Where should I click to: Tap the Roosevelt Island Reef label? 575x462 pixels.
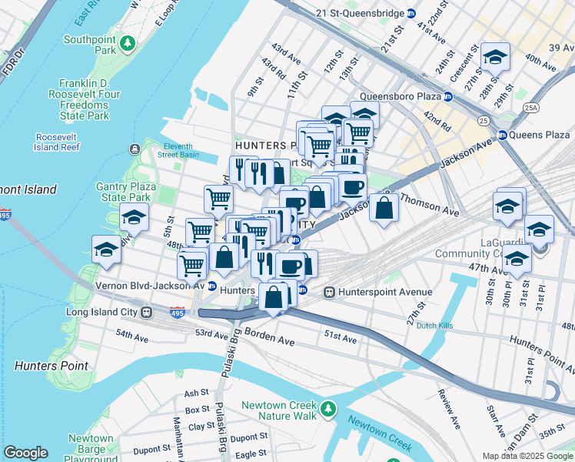(58, 142)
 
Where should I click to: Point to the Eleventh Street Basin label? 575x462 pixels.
(181, 150)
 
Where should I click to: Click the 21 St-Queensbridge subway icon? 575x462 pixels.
(411, 13)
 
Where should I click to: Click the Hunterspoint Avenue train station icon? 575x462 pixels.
(330, 293)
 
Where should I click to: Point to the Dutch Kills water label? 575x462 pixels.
(434, 326)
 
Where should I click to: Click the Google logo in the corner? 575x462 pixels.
(25, 453)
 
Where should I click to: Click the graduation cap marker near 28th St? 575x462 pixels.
(495, 58)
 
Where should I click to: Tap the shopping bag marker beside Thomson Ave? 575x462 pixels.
(384, 208)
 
